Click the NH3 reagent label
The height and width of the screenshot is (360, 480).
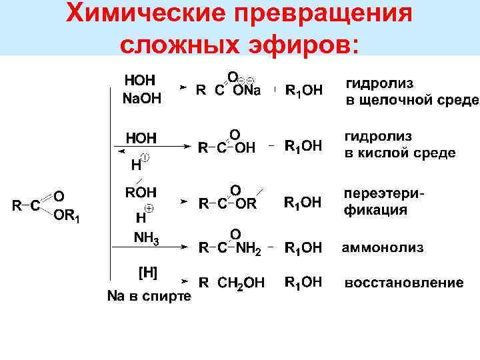[x=146, y=237]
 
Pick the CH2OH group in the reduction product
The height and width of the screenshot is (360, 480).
[x=241, y=284]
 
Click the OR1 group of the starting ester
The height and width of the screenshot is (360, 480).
[x=66, y=215]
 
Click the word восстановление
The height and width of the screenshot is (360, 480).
[x=403, y=283]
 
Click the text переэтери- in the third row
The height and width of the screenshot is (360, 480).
[x=384, y=193]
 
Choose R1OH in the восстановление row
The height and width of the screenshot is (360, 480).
[x=303, y=283]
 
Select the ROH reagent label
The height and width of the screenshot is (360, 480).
[x=141, y=192]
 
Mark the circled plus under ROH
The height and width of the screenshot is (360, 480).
[x=149, y=208]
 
